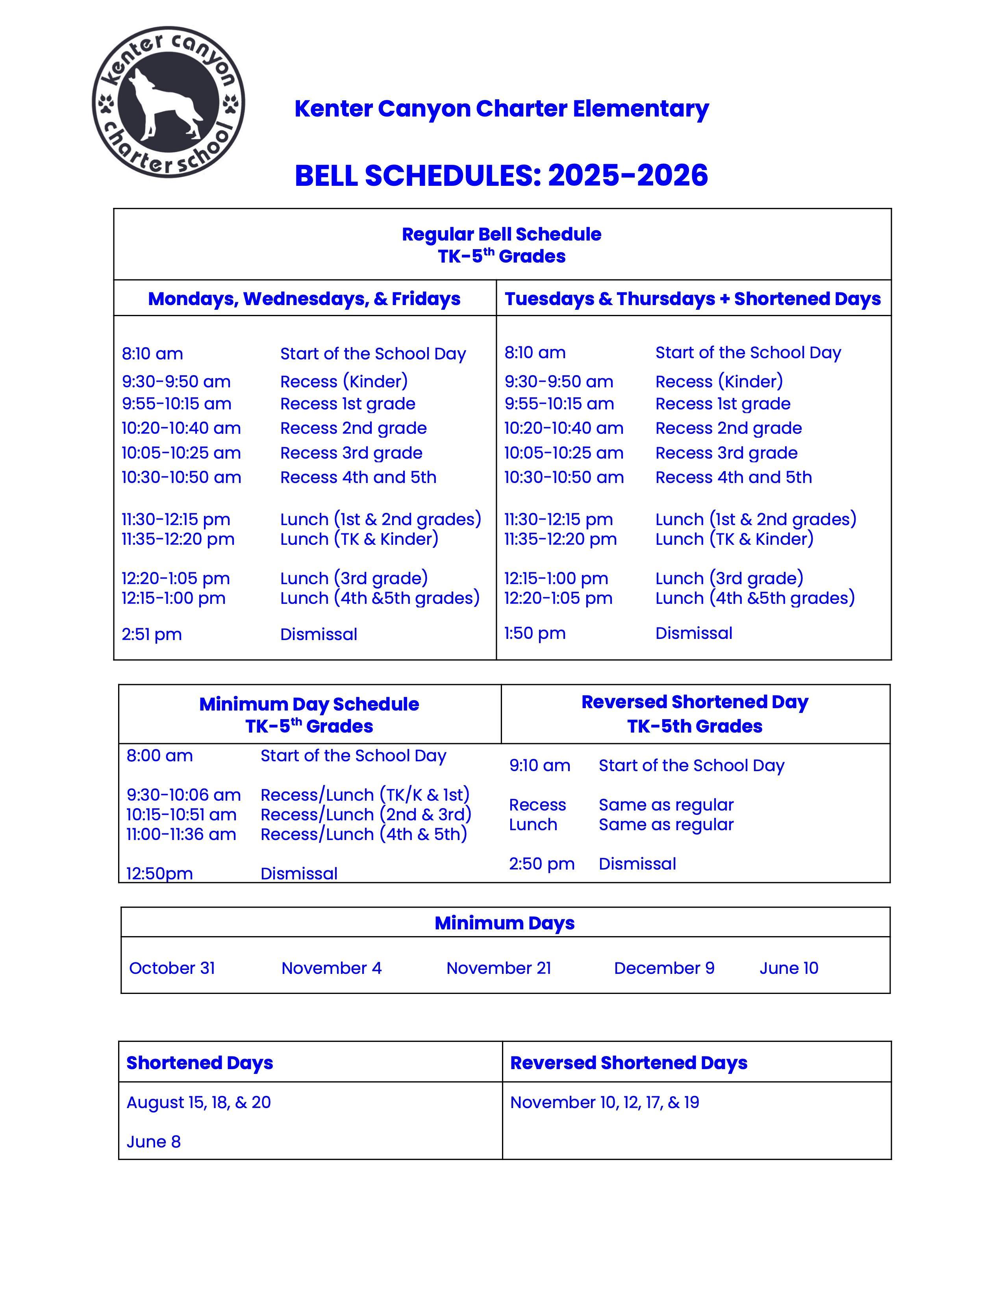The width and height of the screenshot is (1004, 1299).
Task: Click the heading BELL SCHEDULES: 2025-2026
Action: coord(501,176)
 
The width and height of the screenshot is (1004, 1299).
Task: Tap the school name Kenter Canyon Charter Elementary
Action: coord(501,109)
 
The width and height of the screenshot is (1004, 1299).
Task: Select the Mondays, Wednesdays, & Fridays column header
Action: coord(304,299)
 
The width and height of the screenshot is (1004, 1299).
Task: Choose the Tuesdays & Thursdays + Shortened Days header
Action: coord(692,299)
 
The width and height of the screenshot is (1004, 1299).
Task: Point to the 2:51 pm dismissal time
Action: coord(152,635)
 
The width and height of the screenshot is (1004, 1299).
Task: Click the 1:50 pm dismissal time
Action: coord(535,633)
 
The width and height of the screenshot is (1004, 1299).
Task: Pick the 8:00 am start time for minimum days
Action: coord(159,756)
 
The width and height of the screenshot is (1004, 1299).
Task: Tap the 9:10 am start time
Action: coord(539,766)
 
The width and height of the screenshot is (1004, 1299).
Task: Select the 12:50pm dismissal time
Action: coord(159,874)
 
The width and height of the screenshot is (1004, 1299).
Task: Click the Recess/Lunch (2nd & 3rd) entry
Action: coord(366,814)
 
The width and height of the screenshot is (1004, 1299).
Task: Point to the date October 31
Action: coord(172,968)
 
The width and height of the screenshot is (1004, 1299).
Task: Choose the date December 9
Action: coord(664,968)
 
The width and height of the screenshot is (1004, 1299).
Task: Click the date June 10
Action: coord(789,968)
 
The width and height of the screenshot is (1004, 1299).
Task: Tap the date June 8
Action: coord(154,1142)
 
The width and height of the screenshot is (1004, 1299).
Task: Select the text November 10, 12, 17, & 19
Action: coord(604,1103)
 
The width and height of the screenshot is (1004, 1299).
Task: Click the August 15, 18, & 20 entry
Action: coord(199,1103)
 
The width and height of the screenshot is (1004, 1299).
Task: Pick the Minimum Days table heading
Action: coord(504,923)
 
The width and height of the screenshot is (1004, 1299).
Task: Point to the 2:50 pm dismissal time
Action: coord(541,864)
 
